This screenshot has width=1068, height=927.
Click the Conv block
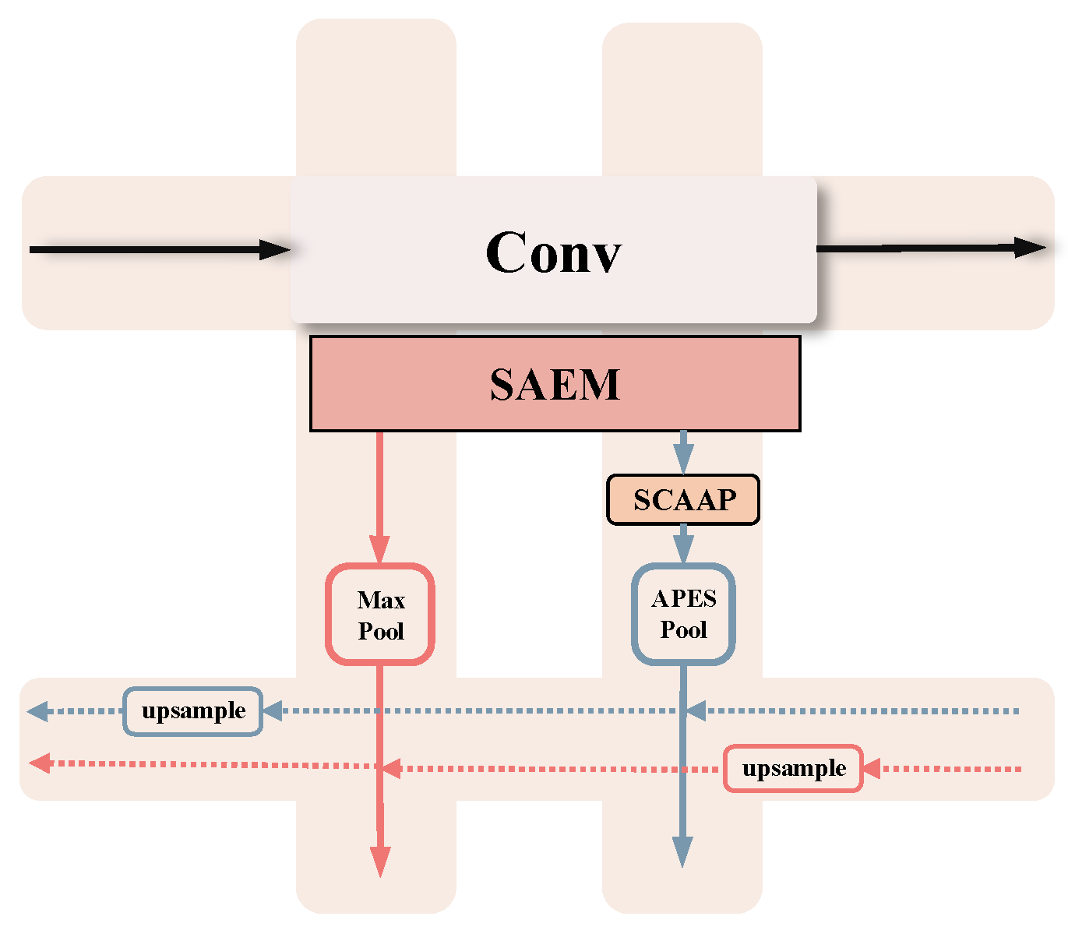553,251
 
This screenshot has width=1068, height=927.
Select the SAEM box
555,384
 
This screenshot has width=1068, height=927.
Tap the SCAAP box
683,499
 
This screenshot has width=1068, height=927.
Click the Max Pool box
379,615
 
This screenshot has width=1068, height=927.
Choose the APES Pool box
683,614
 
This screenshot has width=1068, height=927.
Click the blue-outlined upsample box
192,710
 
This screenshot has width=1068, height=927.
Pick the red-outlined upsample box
793,769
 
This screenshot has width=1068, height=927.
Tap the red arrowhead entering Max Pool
379,550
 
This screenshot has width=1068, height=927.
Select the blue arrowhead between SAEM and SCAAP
683,460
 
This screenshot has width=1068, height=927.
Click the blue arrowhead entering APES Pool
683,550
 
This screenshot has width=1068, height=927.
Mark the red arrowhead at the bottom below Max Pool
380,862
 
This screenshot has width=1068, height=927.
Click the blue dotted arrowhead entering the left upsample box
273,710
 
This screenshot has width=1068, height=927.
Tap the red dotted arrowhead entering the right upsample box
871,769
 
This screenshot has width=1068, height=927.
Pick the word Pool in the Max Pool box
381,631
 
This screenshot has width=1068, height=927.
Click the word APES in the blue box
684,598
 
